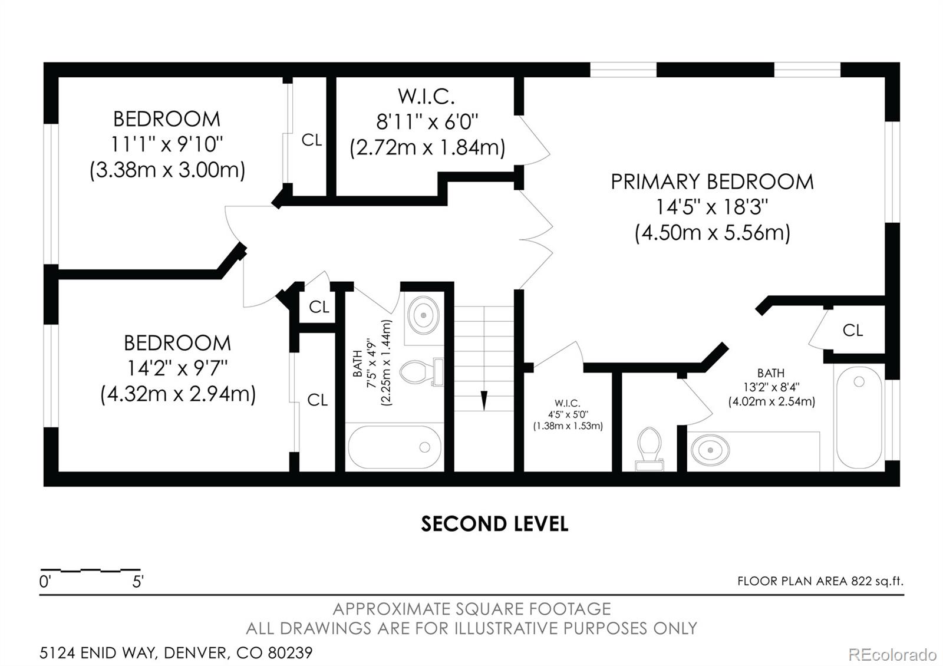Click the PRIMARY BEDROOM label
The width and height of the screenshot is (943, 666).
712,182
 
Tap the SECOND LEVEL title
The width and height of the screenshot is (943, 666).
494,524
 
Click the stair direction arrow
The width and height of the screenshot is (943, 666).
484,400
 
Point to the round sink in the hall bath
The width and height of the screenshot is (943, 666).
424,315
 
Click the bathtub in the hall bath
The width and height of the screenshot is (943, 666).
394,447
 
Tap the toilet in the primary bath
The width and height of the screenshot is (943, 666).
649,449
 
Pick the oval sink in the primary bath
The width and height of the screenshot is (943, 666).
711,450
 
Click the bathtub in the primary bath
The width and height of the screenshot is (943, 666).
859,418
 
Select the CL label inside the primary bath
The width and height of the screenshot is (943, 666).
853,331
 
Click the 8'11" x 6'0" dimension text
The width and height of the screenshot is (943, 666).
427,122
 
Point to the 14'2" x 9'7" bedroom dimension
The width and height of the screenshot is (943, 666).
177,369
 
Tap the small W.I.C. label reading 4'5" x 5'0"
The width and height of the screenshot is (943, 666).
568,414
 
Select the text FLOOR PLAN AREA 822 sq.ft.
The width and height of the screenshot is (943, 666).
820,581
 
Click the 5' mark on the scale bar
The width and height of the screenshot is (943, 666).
138,582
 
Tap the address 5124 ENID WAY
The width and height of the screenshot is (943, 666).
98,652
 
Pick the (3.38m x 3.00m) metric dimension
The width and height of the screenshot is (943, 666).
167,170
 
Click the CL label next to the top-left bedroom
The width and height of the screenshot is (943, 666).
312,140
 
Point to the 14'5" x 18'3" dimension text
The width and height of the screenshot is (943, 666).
712,207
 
